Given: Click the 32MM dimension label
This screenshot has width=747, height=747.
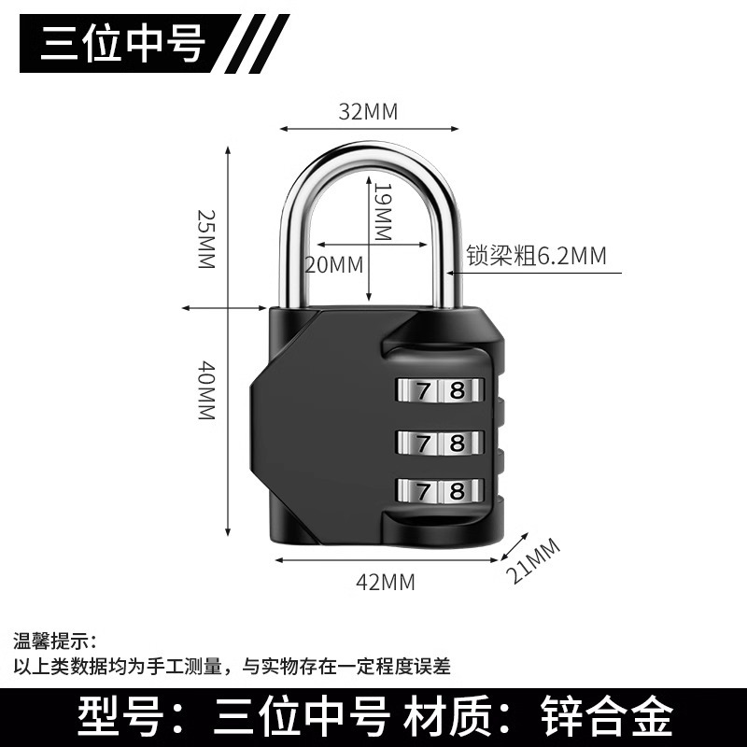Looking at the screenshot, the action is (368, 112).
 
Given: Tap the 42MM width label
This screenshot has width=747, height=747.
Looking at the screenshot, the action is (386, 582).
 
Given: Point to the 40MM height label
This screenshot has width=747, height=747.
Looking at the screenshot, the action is (206, 390).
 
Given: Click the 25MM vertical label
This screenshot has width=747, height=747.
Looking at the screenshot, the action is (206, 239).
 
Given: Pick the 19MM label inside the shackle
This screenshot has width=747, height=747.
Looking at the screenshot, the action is (382, 212).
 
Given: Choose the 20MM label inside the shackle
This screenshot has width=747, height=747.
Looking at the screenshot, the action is (333, 264).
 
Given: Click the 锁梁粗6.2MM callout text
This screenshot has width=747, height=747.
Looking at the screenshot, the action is (535, 256).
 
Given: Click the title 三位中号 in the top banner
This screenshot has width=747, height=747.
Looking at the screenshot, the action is (121, 44).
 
